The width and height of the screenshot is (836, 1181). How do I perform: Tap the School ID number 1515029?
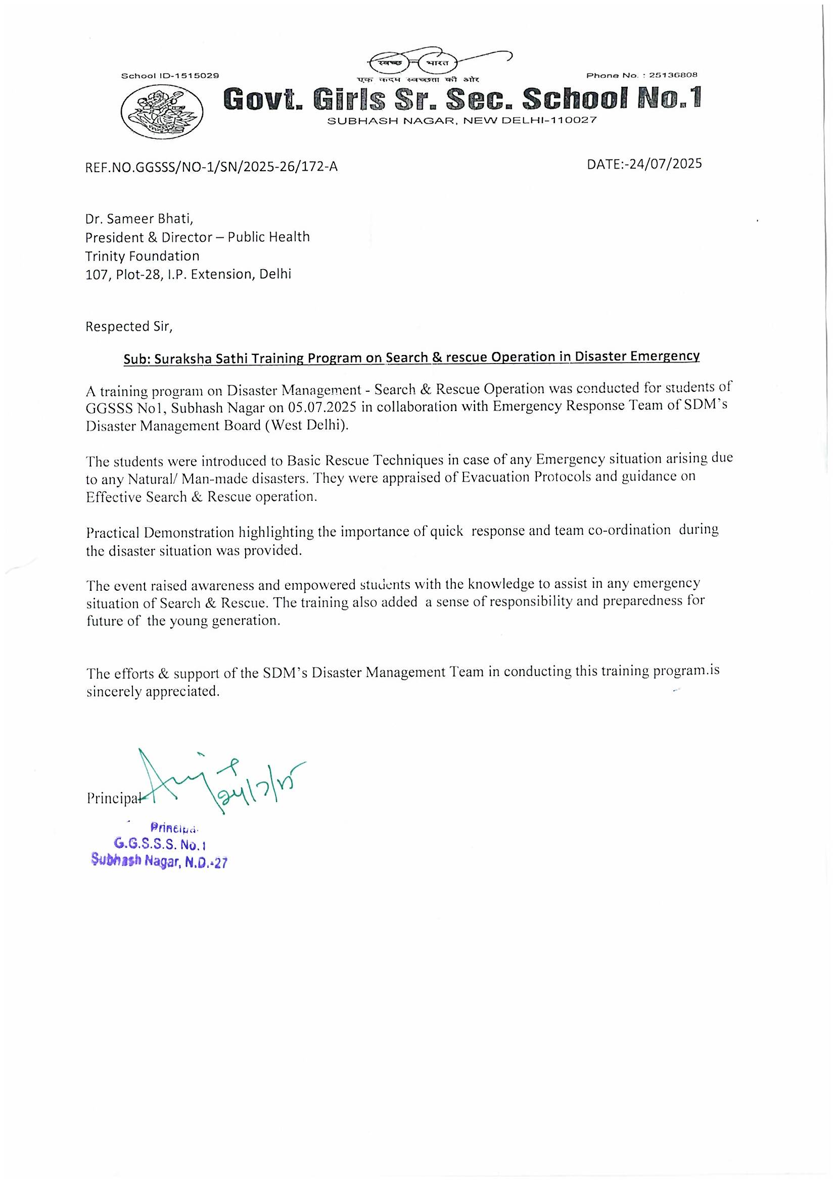198,76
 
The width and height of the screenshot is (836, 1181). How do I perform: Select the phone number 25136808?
673,75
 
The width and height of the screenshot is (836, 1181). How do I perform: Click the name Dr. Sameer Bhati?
139,219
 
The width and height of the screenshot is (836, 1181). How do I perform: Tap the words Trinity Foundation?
142,255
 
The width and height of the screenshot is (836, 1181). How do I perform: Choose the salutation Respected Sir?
128,327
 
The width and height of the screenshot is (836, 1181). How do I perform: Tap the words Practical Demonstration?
160,532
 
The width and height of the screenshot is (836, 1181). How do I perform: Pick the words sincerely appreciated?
153,691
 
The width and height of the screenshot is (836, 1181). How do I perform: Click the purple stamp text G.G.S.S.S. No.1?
160,844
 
